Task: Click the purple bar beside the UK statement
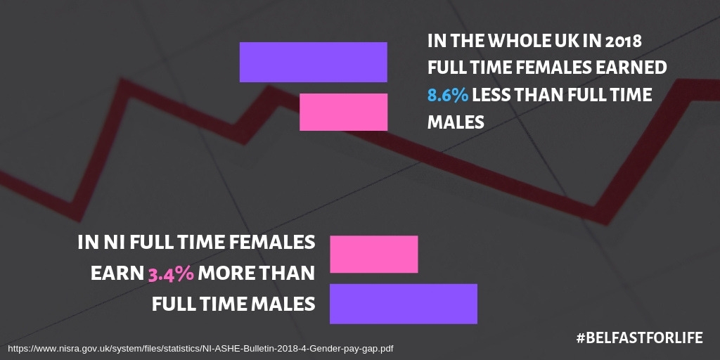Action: pyautogui.click(x=313, y=62)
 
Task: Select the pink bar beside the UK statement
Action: pyautogui.click(x=343, y=112)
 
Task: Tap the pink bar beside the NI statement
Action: pyautogui.click(x=374, y=254)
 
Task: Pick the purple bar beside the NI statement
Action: pyautogui.click(x=404, y=304)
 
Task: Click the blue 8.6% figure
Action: pyautogui.click(x=448, y=95)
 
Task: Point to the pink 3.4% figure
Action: pyautogui.click(x=171, y=274)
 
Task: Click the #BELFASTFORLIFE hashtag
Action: pyautogui.click(x=640, y=338)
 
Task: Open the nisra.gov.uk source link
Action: pyautogui.click(x=200, y=349)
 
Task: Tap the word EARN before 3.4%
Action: pyautogui.click(x=117, y=274)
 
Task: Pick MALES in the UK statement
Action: pyautogui.click(x=456, y=122)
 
